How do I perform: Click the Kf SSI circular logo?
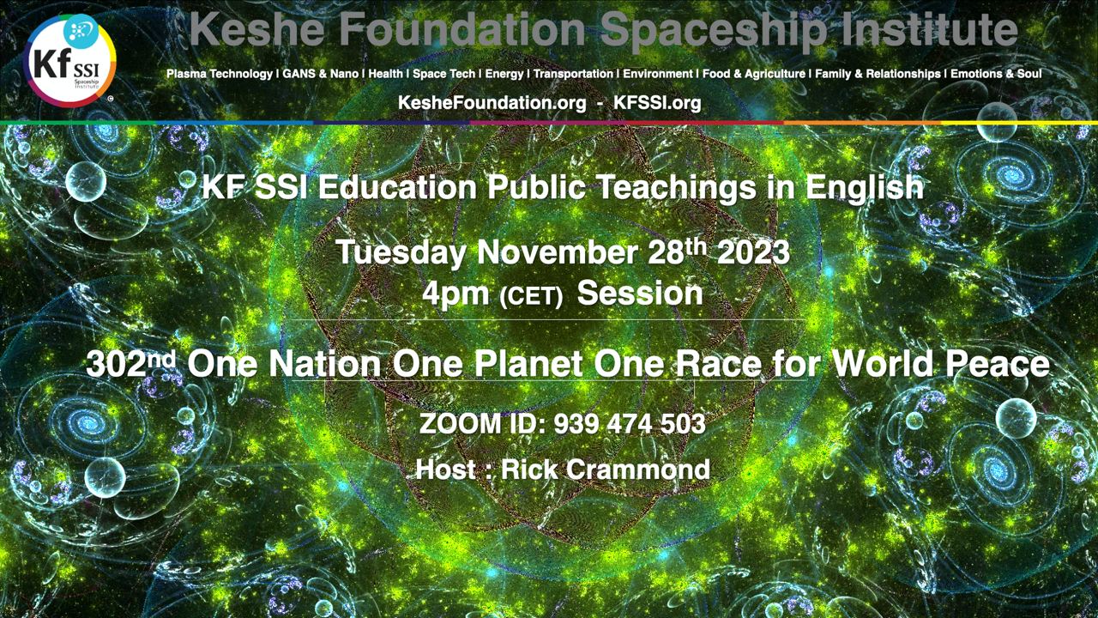click(x=69, y=60)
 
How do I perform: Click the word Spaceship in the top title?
click(x=715, y=30)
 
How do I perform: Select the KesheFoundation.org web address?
click(x=492, y=103)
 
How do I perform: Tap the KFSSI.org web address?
click(x=657, y=103)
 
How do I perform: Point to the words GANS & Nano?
click(x=321, y=74)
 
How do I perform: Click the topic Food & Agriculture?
click(x=754, y=74)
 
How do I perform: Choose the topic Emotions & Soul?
click(x=996, y=74)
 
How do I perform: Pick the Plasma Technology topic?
click(x=220, y=74)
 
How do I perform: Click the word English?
click(x=864, y=187)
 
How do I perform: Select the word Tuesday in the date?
click(x=401, y=253)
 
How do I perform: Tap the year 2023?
click(x=753, y=253)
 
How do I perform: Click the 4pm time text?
click(x=455, y=294)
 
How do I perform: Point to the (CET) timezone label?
click(x=531, y=296)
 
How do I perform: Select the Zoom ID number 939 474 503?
click(x=630, y=424)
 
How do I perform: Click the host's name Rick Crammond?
click(x=606, y=470)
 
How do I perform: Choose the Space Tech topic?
click(x=443, y=74)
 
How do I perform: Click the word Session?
click(x=640, y=294)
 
